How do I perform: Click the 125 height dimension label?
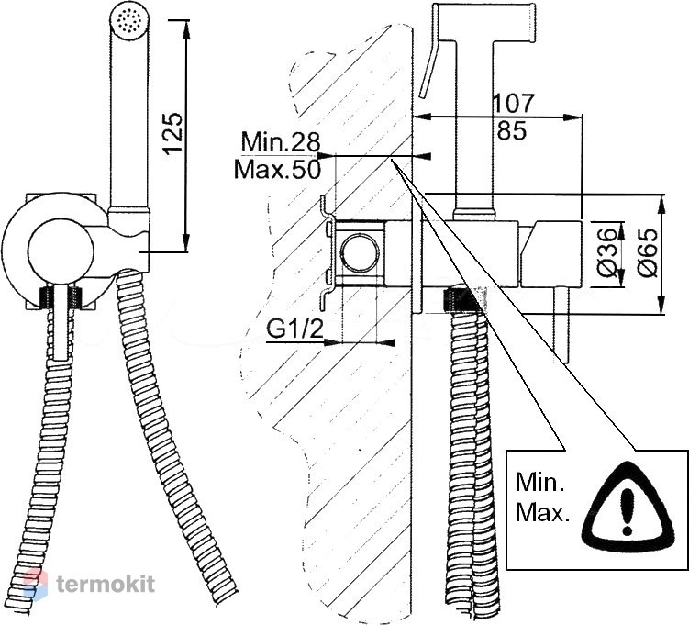[172, 133]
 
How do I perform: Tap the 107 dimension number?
[513, 104]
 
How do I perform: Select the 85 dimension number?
[512, 130]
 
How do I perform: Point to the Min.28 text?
[281, 141]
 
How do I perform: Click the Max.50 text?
[277, 169]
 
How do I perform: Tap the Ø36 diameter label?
[607, 252]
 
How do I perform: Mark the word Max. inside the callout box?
[542, 512]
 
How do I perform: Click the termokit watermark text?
[106, 584]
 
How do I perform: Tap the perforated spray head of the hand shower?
[130, 21]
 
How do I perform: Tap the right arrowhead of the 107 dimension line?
[573, 117]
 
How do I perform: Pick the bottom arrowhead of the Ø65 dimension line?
[661, 305]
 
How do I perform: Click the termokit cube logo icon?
[35, 585]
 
